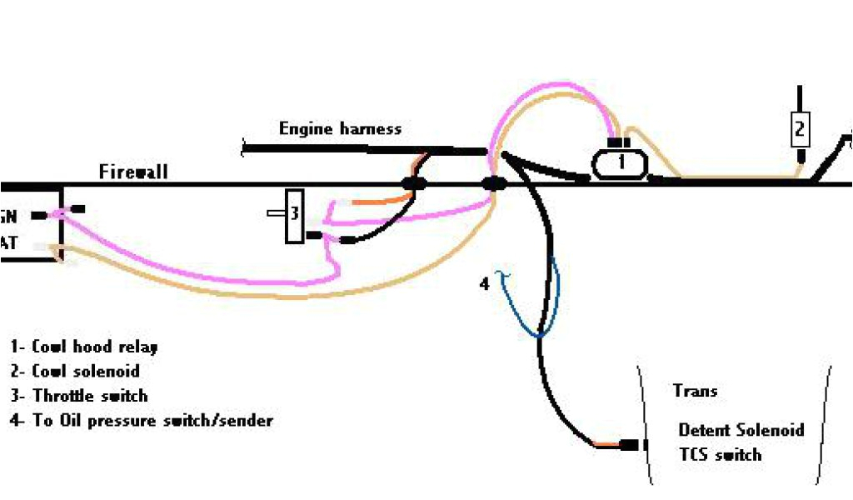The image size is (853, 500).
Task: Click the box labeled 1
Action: tap(621, 163)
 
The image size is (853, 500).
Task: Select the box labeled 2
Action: tap(800, 129)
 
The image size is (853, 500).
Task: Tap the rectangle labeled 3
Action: tap(294, 216)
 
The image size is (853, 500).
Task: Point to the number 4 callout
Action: tap(485, 284)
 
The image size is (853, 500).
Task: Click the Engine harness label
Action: tap(340, 129)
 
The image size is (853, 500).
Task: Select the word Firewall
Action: tap(133, 172)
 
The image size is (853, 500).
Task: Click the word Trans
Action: tap(695, 391)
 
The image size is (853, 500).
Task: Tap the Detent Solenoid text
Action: tap(741, 430)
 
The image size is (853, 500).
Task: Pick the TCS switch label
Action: tap(720, 455)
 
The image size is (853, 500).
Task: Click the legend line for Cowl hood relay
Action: tap(83, 347)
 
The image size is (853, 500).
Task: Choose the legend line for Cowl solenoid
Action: tap(75, 372)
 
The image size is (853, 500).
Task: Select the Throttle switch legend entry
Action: tap(79, 397)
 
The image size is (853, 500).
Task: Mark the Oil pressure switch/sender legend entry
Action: tap(142, 421)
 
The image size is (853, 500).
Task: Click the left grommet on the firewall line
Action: tap(414, 183)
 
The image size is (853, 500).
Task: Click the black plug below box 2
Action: tap(801, 156)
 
